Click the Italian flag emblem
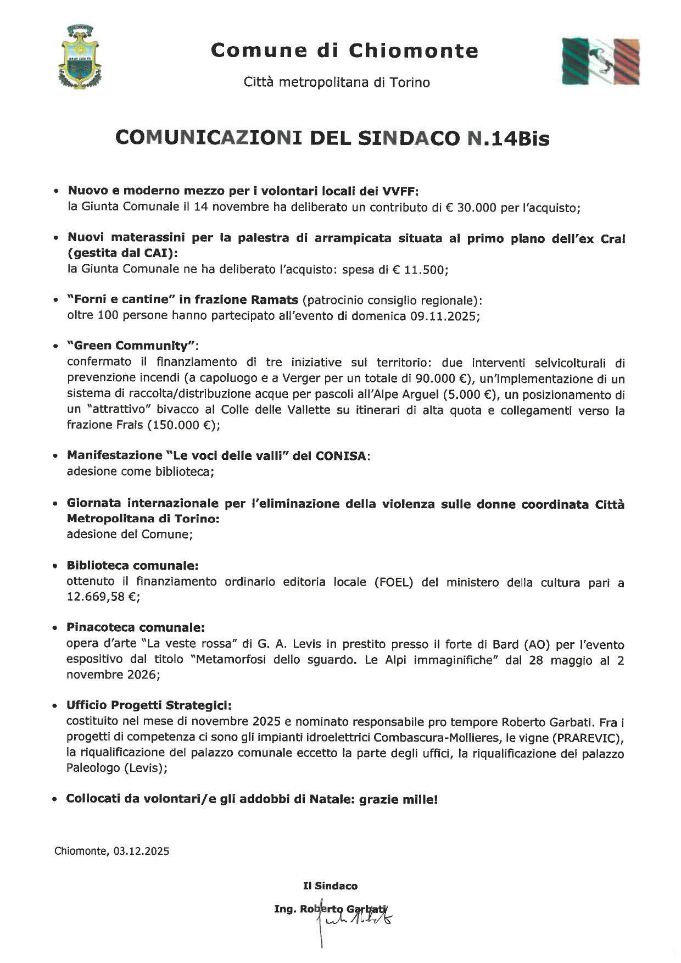coord(601,61)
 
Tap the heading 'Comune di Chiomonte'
coord(344,51)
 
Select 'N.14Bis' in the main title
coord(507,139)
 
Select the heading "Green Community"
coord(132,346)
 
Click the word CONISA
coord(340,456)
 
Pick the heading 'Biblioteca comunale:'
coord(132,565)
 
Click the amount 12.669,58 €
coord(102,597)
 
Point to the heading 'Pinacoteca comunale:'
coord(136,627)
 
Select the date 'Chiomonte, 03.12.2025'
coord(112,851)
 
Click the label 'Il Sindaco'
coord(330,886)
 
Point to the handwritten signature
coord(357,915)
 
